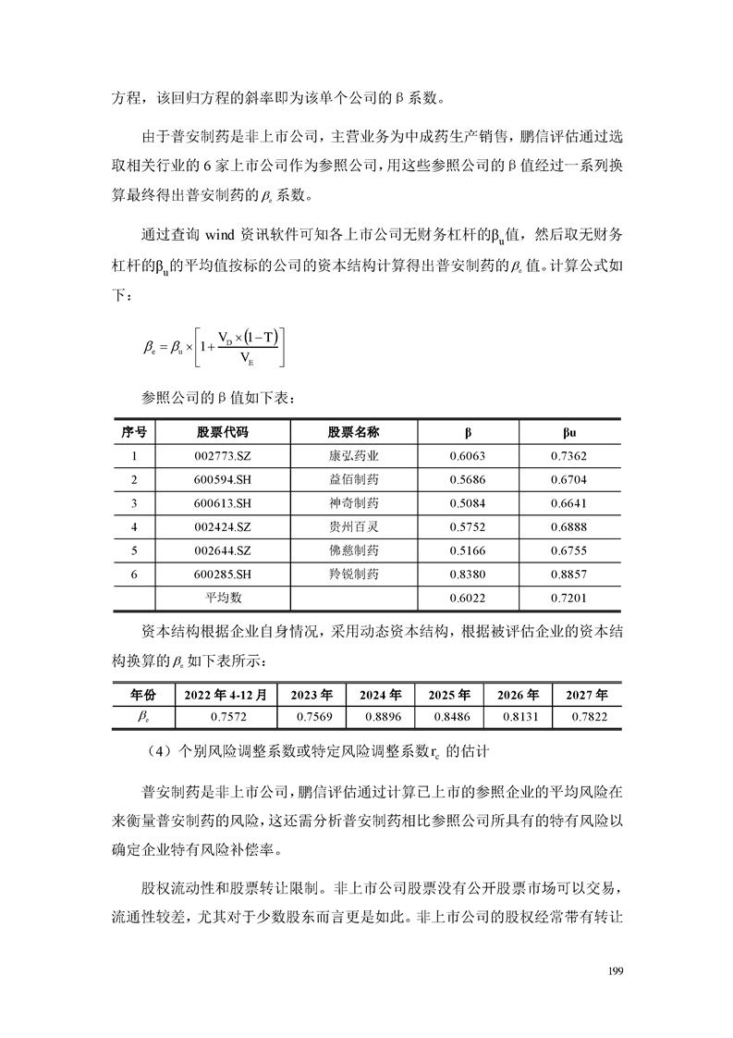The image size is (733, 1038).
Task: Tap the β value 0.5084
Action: click(x=467, y=503)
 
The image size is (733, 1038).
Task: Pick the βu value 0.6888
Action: click(x=569, y=526)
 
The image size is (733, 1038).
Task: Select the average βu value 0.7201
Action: click(x=569, y=599)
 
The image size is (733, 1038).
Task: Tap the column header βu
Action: click(x=569, y=432)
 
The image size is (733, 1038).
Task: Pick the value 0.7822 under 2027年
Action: click(x=586, y=717)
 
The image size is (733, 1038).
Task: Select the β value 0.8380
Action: click(x=467, y=575)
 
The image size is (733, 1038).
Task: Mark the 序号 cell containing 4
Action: click(x=134, y=526)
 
